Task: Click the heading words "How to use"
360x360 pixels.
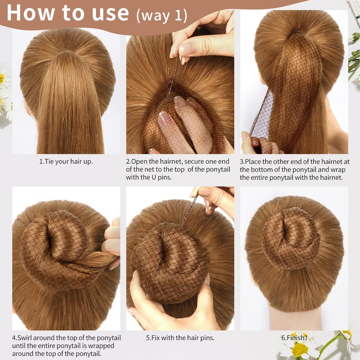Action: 67,13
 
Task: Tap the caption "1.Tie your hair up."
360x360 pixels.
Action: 66,161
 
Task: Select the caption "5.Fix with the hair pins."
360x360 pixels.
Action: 180,337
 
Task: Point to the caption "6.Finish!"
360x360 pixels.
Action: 293,337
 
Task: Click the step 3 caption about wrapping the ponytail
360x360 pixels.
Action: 294,169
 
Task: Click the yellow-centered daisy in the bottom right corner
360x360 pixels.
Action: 299,349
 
